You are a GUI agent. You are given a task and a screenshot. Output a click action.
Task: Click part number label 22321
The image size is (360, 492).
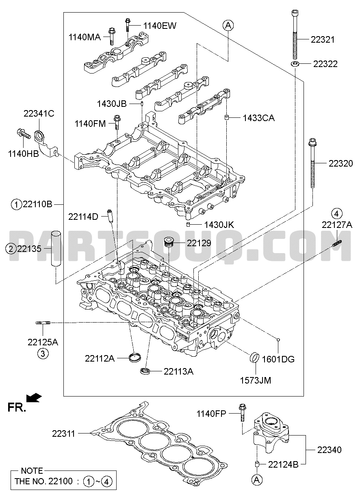click(323, 40)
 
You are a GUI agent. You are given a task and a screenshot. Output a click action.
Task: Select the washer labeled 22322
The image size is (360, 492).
click(295, 64)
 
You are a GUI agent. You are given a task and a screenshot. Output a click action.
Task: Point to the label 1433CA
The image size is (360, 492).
click(259, 118)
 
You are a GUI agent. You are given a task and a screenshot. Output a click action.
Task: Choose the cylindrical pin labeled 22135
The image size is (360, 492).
click(56, 249)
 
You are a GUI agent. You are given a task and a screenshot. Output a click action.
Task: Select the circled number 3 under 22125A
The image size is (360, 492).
click(43, 353)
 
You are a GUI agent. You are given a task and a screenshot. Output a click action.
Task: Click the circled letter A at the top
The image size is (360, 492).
click(228, 25)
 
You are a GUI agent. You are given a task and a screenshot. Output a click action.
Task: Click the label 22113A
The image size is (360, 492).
click(179, 371)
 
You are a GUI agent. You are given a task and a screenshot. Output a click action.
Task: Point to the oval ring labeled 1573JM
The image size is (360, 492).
click(255, 358)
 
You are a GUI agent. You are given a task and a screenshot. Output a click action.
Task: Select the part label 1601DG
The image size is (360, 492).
click(278, 359)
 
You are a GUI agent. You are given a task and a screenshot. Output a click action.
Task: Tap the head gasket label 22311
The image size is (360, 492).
click(63, 433)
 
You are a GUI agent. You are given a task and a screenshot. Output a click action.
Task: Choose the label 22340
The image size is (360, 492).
click(330, 450)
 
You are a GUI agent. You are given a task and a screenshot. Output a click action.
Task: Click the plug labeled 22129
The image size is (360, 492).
click(169, 243)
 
